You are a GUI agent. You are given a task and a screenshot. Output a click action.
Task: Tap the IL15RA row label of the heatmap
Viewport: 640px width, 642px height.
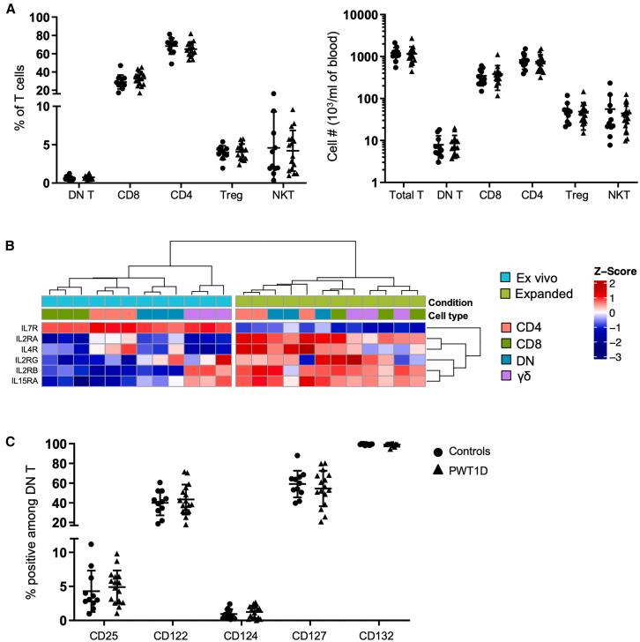[x=22, y=380]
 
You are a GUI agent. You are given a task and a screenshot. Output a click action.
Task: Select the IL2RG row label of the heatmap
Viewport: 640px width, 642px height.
[x=23, y=359]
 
